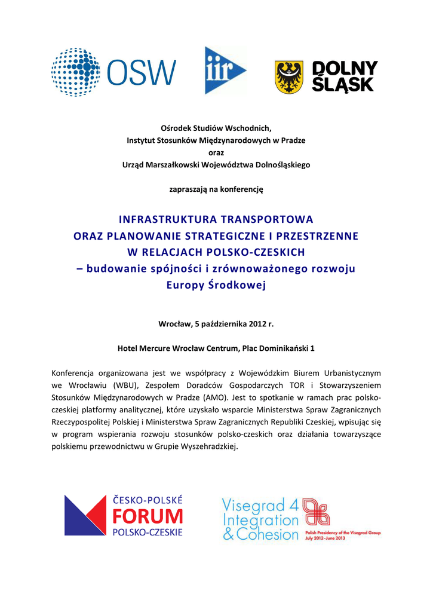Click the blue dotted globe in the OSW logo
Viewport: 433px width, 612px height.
tap(75, 72)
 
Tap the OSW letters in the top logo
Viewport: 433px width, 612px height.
tap(142, 73)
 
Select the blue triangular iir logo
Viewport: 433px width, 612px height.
tap(224, 71)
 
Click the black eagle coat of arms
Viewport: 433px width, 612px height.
tap(288, 77)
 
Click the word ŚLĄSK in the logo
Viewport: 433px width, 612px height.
tap(343, 85)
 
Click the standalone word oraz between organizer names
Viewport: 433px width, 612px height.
tap(216, 152)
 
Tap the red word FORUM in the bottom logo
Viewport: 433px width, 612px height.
tap(148, 516)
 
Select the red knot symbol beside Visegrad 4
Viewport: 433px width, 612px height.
tap(316, 513)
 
